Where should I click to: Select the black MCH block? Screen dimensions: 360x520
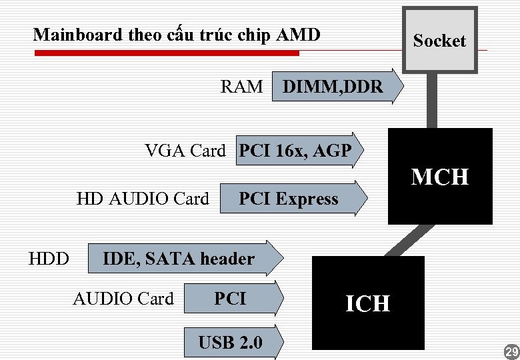[x=440, y=177]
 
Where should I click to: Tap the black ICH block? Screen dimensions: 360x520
[x=368, y=303]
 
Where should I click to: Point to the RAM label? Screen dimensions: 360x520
[x=241, y=87]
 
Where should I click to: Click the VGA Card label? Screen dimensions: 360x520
[x=185, y=151]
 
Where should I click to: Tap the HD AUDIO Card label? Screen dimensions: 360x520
[x=143, y=199]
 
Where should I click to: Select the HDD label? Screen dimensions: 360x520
[x=49, y=259]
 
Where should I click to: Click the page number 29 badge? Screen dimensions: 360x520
[x=511, y=351]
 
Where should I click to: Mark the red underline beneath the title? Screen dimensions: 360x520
[x=167, y=53]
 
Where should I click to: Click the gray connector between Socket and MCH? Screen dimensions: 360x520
[x=432, y=100]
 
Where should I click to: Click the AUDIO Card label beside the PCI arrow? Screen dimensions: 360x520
[x=123, y=299]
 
